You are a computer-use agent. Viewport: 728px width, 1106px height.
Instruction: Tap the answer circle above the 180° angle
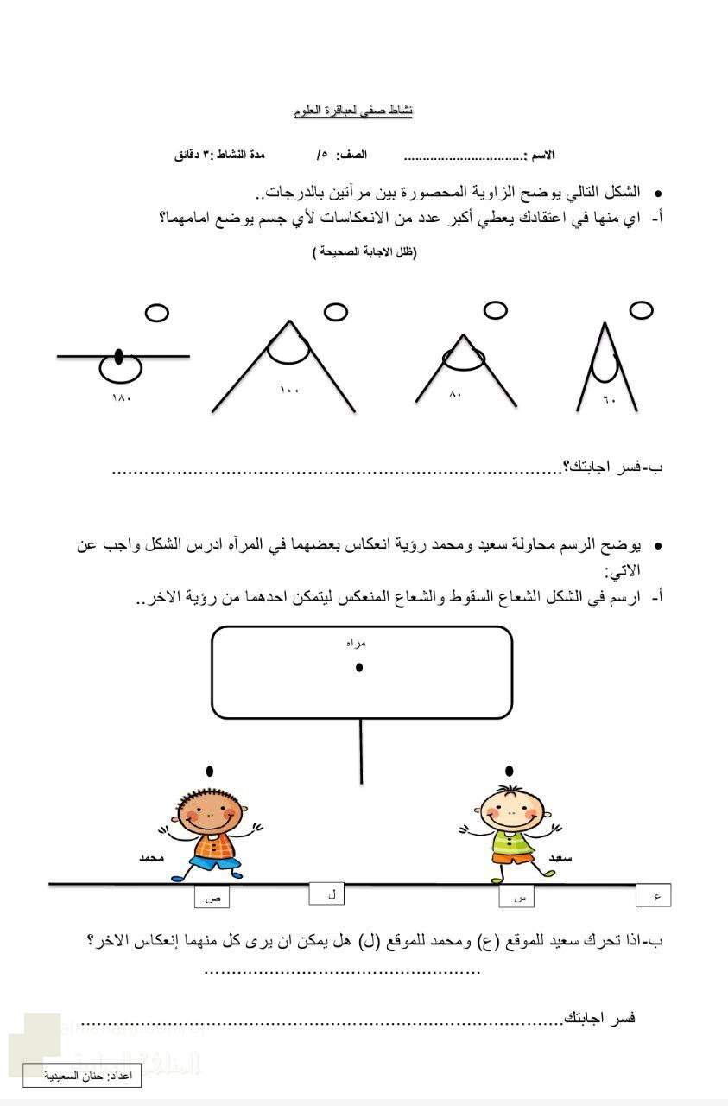(156, 313)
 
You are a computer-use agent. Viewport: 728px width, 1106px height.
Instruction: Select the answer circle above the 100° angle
(335, 311)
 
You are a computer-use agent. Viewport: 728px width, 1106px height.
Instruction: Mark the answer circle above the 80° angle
(495, 310)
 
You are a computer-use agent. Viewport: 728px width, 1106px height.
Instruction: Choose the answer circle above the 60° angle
(641, 309)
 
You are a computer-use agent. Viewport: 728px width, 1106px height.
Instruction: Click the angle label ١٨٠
(122, 397)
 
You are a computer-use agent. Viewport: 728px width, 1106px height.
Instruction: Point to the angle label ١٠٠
(289, 391)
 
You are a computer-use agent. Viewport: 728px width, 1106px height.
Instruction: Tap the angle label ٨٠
(456, 394)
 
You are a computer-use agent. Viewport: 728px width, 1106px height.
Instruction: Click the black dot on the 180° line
(119, 355)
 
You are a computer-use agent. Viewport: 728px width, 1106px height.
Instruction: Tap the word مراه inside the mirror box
(355, 644)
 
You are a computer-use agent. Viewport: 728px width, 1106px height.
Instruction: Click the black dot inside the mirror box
(359, 667)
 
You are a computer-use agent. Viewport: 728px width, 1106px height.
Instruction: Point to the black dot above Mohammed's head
(210, 771)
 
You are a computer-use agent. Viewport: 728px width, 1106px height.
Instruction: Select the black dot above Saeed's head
(510, 771)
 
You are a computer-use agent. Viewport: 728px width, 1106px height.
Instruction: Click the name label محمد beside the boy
(151, 858)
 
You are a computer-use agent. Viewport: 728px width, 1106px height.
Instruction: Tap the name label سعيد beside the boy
(561, 858)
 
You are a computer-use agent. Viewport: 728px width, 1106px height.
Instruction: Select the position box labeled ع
(654, 896)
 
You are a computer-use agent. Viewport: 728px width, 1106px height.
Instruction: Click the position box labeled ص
(212, 898)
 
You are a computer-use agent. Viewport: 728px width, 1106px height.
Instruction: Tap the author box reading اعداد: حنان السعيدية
(81, 1077)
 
